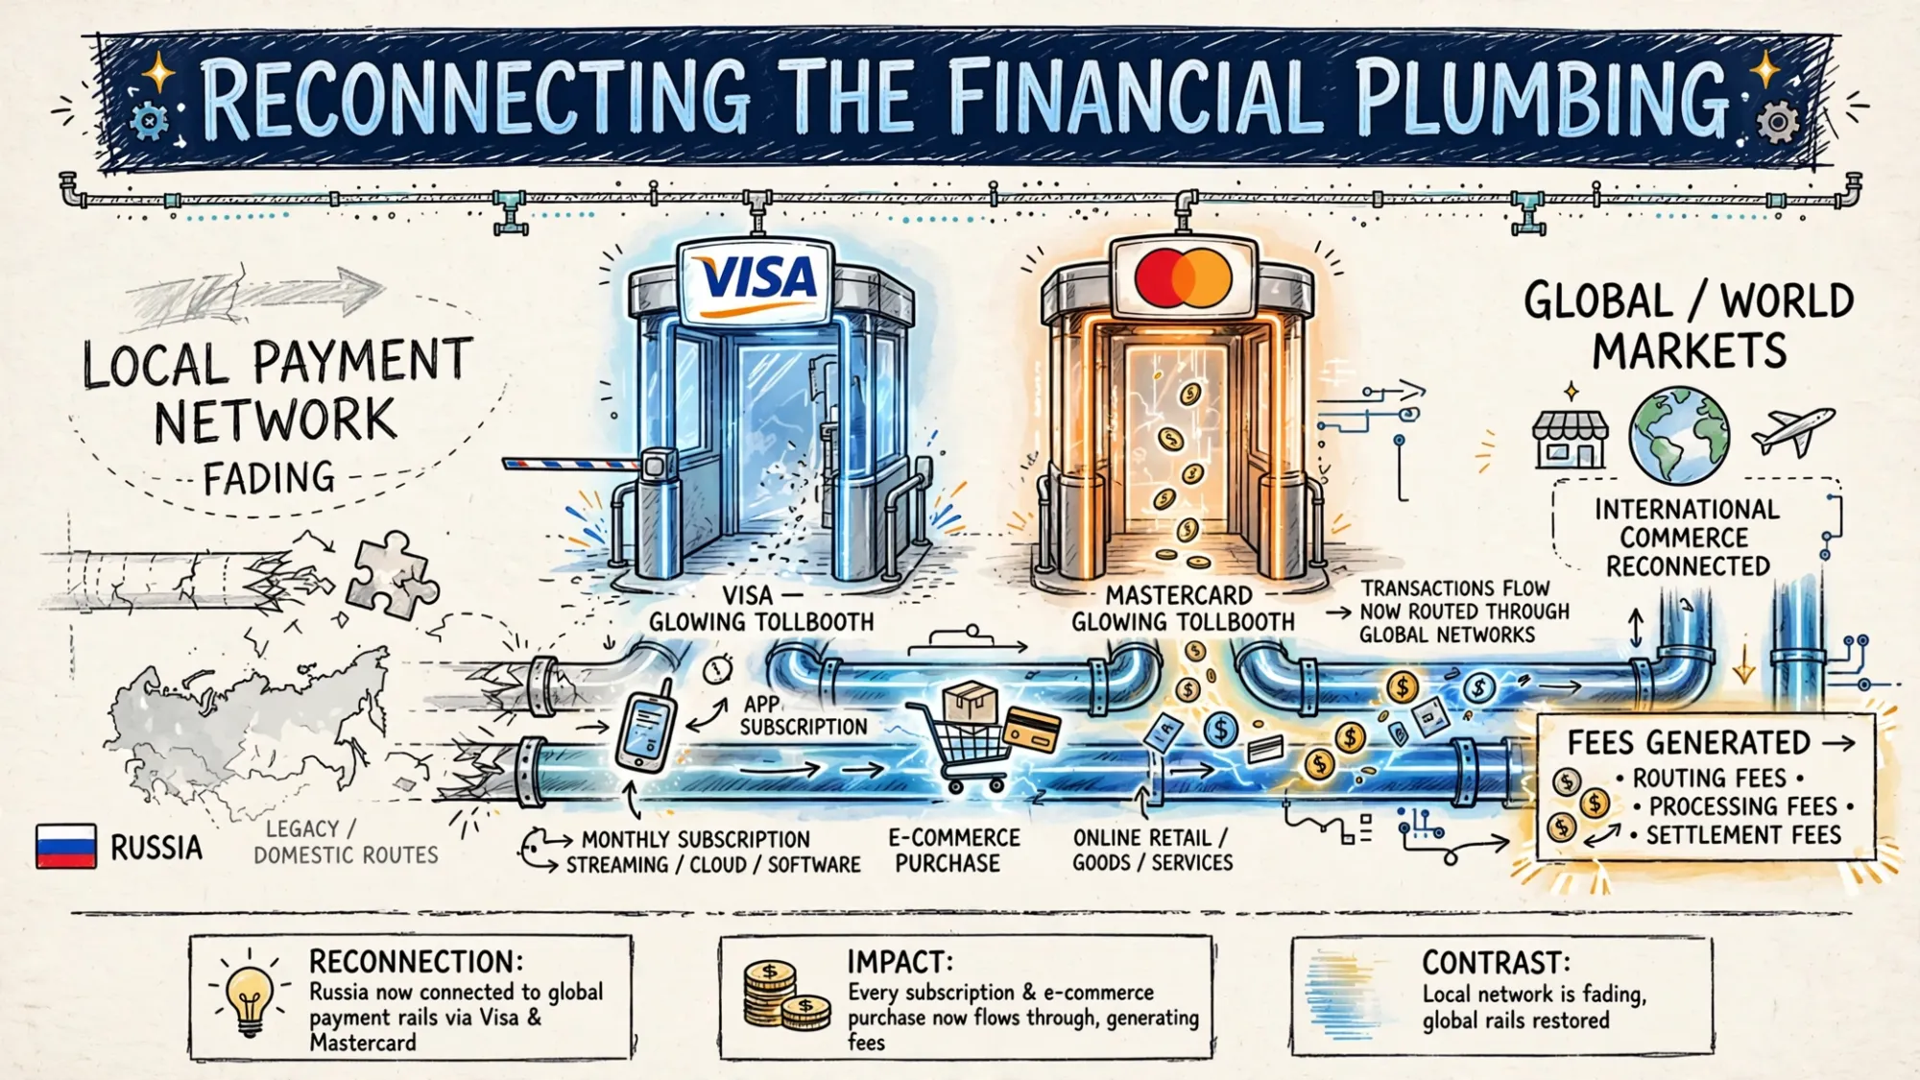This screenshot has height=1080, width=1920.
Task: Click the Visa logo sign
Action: click(755, 279)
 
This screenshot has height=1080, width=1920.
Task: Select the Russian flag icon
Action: click(66, 846)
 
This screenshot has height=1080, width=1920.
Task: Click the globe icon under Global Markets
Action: click(1679, 435)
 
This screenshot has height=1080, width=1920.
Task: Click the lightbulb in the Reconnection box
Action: click(250, 996)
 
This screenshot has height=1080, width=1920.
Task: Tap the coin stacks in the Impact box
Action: click(785, 996)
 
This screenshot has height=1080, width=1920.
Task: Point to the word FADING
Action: click(269, 477)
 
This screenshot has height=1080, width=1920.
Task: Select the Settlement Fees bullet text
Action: click(1743, 835)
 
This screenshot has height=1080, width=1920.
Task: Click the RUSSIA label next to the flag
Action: click(156, 848)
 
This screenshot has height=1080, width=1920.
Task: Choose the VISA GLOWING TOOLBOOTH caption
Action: click(761, 609)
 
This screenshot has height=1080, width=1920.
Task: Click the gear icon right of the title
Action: click(1777, 123)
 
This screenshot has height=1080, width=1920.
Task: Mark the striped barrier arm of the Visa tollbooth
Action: click(572, 465)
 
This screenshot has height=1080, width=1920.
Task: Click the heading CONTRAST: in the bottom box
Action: click(1496, 963)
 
